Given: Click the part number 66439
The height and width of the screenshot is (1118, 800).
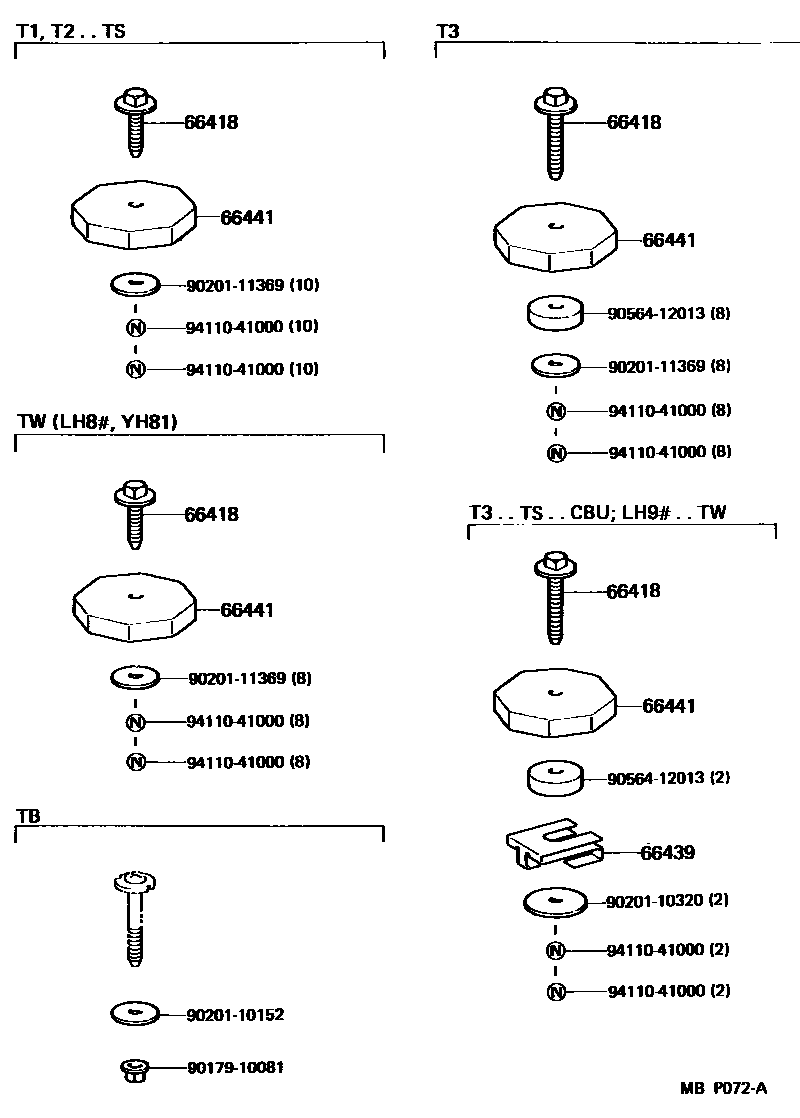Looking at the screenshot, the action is click(x=667, y=853).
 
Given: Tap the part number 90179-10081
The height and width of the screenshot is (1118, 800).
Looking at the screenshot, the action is click(x=235, y=1067).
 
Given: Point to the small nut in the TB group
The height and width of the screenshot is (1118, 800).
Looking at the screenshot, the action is click(x=133, y=1070).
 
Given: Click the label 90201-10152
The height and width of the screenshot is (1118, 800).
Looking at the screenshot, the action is click(x=235, y=1015).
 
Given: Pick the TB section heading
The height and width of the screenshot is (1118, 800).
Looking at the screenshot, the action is click(x=28, y=814).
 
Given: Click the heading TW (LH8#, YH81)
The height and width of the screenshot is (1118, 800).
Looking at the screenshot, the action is click(x=97, y=422).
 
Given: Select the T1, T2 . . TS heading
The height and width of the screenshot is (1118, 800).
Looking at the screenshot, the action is click(x=70, y=31).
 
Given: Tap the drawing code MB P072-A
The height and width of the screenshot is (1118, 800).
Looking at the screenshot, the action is click(x=725, y=1088).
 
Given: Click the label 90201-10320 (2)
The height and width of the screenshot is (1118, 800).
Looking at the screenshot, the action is click(x=667, y=900).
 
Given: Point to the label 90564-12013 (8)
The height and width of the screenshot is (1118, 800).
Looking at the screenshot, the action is click(x=669, y=313).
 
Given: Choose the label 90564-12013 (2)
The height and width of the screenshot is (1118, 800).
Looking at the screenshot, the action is click(x=669, y=777).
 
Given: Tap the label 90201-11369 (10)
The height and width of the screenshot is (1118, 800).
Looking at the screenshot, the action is click(x=252, y=285).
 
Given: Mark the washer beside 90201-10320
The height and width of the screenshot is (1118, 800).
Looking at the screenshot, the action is click(x=555, y=902).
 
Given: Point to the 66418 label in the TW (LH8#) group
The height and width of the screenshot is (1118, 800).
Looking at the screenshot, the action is click(x=211, y=515).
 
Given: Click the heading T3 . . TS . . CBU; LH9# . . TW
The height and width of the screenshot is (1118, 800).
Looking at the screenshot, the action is click(x=597, y=513).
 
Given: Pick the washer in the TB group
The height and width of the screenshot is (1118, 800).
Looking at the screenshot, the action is click(x=135, y=1014).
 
